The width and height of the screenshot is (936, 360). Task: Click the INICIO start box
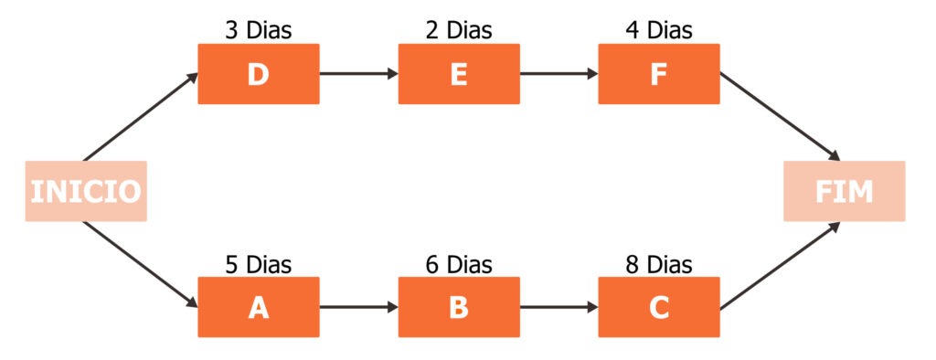(x=85, y=191)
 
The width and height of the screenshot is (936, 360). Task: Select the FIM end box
(x=844, y=191)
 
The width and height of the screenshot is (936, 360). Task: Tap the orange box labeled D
(x=259, y=74)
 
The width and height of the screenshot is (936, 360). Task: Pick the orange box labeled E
(x=459, y=74)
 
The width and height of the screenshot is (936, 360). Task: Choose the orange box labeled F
(x=659, y=74)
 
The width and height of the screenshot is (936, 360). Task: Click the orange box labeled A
(x=259, y=307)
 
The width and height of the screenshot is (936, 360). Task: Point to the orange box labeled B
(x=459, y=307)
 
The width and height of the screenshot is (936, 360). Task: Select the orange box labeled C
(x=659, y=307)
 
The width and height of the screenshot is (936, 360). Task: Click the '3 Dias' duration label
(x=259, y=30)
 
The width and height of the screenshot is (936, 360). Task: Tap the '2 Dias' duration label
(x=459, y=30)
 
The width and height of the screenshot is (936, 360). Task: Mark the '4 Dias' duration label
(x=659, y=30)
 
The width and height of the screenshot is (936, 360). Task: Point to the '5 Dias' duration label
(x=259, y=265)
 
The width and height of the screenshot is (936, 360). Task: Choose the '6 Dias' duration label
(x=459, y=265)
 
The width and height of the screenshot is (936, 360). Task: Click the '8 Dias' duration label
(x=659, y=265)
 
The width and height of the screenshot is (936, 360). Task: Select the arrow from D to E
(x=358, y=74)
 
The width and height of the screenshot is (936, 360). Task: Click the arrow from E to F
(x=558, y=74)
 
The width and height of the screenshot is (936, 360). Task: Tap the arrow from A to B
(x=358, y=307)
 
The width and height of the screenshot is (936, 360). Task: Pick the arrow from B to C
(x=558, y=307)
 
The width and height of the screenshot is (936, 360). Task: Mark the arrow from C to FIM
(x=780, y=265)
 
